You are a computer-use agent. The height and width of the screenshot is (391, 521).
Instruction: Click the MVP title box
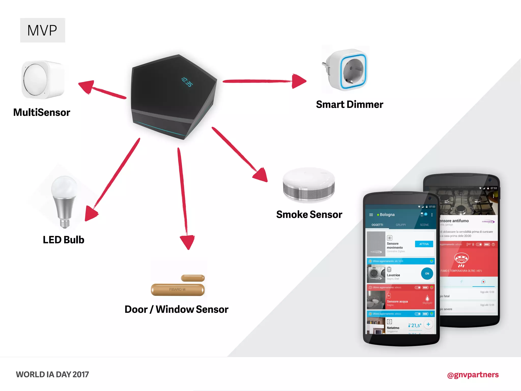[x=42, y=30]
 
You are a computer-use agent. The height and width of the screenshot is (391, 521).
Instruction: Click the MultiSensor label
[x=42, y=112]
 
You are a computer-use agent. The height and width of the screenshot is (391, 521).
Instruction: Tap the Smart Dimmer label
[x=350, y=104]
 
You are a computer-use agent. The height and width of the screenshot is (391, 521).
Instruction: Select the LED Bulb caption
[x=63, y=240]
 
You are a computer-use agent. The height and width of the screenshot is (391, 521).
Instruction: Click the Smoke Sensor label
[x=309, y=214]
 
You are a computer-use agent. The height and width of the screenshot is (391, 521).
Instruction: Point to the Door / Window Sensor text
[x=176, y=309]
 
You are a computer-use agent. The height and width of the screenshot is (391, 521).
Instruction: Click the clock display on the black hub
[x=187, y=82]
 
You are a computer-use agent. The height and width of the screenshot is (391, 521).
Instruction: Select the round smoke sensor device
[x=309, y=185]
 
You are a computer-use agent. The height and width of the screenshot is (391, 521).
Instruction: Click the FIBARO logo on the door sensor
[x=177, y=289]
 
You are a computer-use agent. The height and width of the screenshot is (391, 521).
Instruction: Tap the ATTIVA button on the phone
[x=424, y=244]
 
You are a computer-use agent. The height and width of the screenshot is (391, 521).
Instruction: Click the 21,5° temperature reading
[x=416, y=325]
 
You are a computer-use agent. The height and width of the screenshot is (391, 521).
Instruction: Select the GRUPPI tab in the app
[x=401, y=225]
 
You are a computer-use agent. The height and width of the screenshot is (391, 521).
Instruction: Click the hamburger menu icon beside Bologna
[x=371, y=215]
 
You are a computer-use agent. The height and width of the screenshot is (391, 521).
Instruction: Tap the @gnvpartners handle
[x=473, y=375]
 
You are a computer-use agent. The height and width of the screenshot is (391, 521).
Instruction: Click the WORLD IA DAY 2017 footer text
[x=52, y=374]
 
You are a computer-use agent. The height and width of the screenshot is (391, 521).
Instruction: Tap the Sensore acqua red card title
[x=397, y=301]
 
